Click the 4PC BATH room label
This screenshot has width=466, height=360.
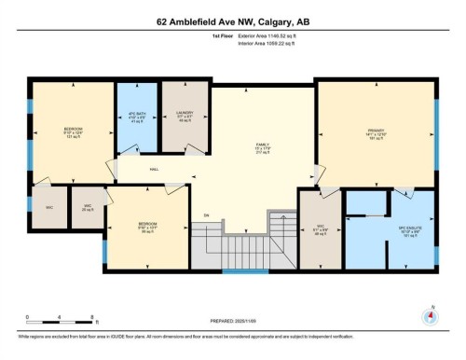click(x=130, y=118)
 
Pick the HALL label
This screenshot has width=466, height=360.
click(x=154, y=169)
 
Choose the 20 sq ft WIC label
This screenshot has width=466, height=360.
click(x=87, y=207)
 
